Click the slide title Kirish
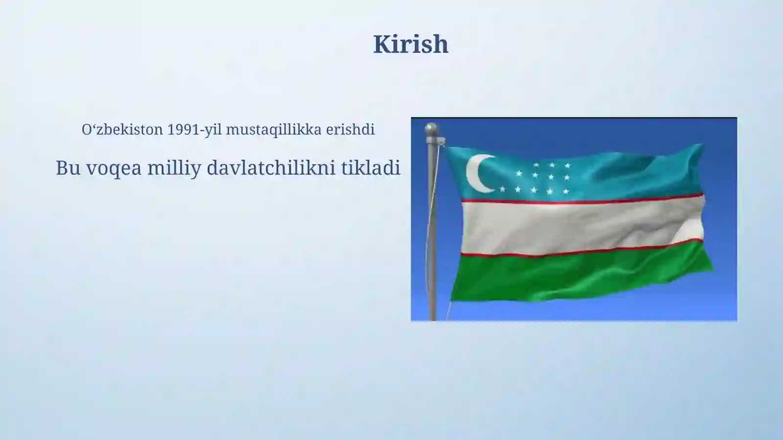(x=411, y=44)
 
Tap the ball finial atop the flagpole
(x=431, y=128)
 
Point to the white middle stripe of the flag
(x=577, y=225)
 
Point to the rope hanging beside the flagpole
(x=429, y=230)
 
